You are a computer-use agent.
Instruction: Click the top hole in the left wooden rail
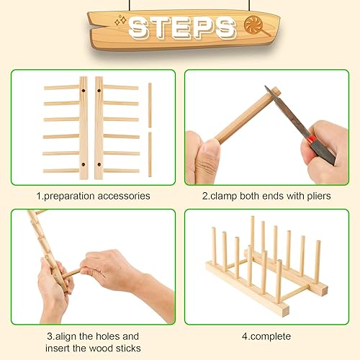pos(84,92)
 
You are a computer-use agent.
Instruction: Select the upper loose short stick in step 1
pos(150,104)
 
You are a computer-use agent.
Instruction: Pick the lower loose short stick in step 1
pos(150,153)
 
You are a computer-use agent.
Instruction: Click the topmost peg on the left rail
pos(61,87)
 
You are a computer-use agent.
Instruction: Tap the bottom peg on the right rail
pos(121,171)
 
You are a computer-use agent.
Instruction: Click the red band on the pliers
pos(307,135)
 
